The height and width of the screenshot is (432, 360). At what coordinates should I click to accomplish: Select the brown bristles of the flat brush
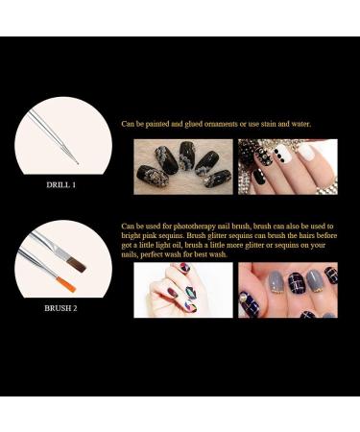click(x=78, y=264)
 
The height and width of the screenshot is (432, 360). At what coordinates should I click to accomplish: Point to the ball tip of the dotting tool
click(x=78, y=162)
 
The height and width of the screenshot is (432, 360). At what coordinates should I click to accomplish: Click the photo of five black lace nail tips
click(x=181, y=166)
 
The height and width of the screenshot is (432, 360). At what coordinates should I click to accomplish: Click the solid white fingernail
click(x=305, y=153)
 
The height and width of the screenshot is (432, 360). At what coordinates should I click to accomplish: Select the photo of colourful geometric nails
click(x=181, y=290)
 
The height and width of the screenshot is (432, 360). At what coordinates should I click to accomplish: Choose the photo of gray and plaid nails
click(x=287, y=290)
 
